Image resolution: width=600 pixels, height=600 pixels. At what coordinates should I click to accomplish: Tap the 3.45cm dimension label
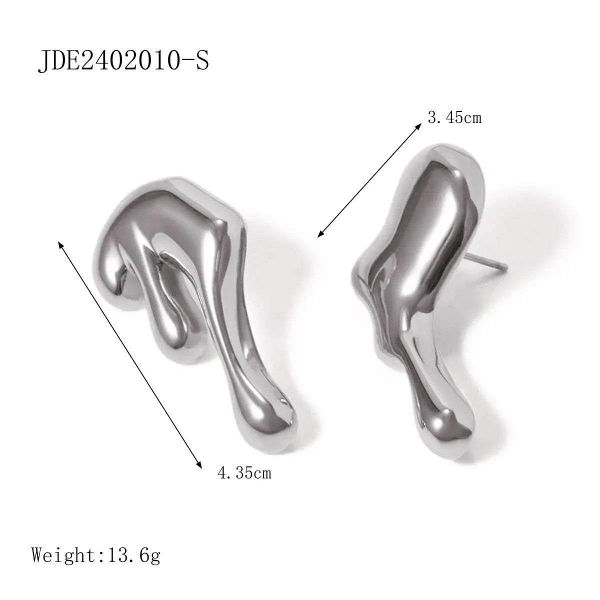(454, 118)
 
